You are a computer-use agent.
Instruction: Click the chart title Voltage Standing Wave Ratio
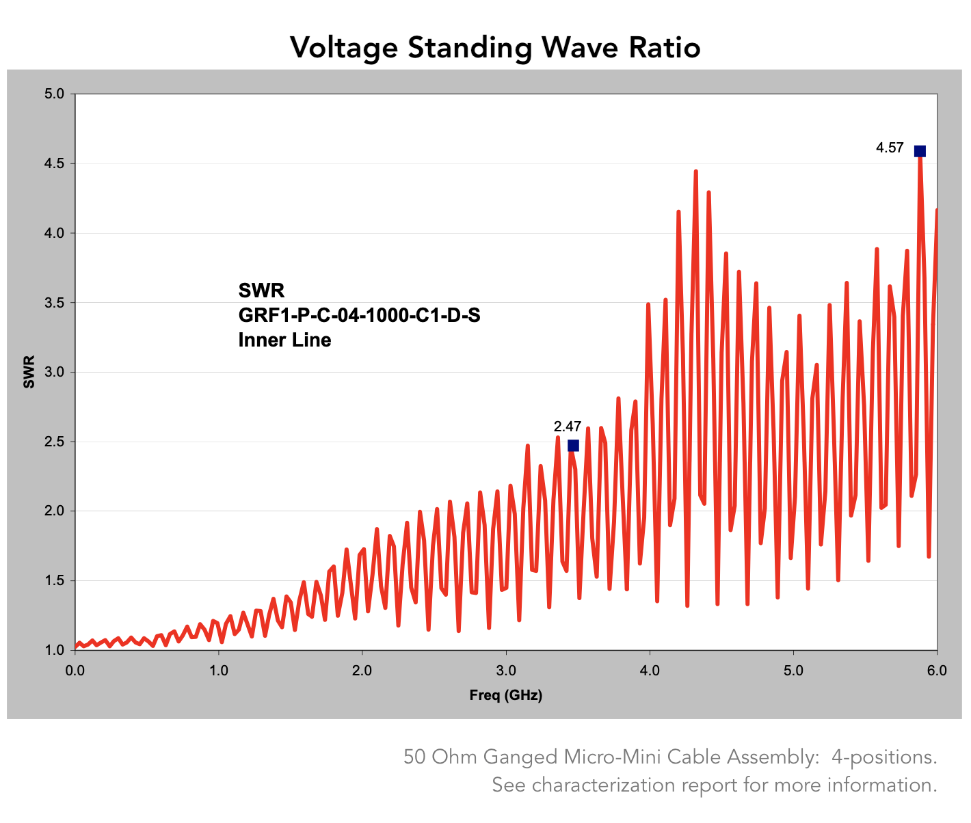[x=495, y=48]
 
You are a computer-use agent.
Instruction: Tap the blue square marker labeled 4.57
[x=920, y=151]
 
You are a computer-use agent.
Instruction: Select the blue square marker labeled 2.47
[x=573, y=446]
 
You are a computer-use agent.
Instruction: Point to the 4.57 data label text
[x=890, y=148]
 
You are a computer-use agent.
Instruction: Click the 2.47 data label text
[x=568, y=427]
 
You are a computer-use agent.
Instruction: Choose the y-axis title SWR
[x=29, y=373]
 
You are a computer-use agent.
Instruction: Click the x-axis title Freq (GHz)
[x=505, y=696]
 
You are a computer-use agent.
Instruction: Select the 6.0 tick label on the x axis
[x=937, y=671]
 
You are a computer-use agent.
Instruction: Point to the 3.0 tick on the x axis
[x=505, y=671]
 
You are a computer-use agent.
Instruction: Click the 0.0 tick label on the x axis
[x=75, y=671]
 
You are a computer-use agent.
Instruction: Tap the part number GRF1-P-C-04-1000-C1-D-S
[x=359, y=316]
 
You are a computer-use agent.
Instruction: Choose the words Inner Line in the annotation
[x=284, y=340]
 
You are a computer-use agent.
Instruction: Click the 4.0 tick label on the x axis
[x=650, y=671]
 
